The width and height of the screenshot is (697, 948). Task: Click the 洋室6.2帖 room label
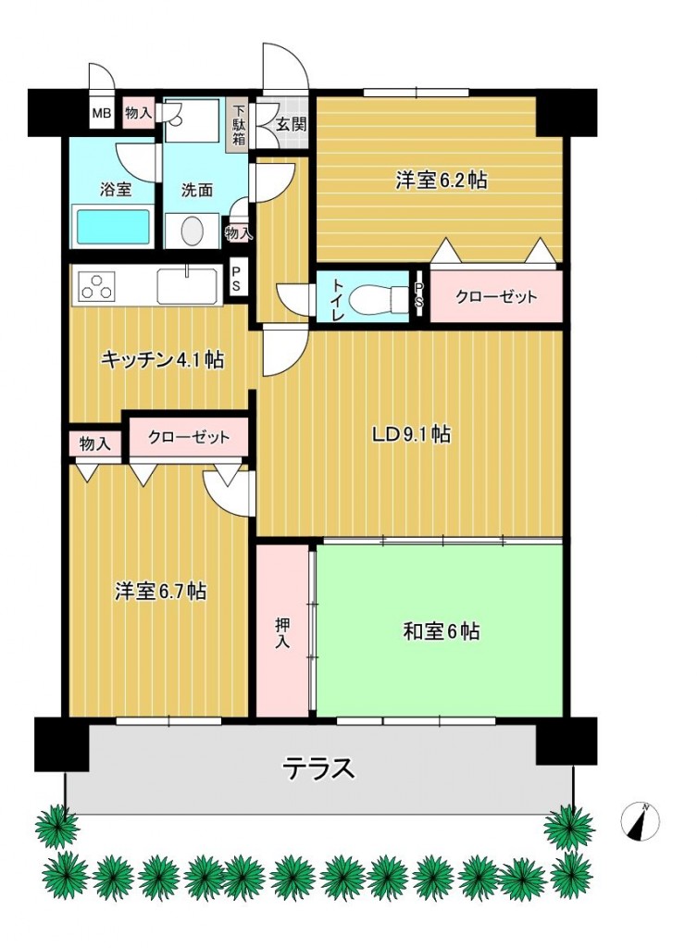tap(441, 181)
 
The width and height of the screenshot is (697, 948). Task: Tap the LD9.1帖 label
tap(411, 433)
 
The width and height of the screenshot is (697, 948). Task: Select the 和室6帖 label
tap(441, 632)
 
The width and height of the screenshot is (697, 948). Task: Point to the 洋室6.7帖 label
tap(160, 592)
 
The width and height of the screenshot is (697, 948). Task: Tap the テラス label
tap(318, 767)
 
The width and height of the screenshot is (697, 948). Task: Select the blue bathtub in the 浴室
tap(112, 227)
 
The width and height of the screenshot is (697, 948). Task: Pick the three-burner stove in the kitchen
tap(96, 286)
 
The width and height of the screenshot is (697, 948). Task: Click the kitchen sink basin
tap(187, 285)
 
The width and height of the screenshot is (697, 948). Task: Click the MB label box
tap(100, 115)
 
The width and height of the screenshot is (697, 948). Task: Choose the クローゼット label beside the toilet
tap(496, 297)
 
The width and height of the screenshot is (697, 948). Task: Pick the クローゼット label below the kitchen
tap(188, 436)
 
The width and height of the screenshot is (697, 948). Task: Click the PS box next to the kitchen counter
tap(237, 280)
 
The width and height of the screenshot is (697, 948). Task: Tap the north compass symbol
tap(641, 820)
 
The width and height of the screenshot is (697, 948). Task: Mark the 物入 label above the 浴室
tap(138, 113)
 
